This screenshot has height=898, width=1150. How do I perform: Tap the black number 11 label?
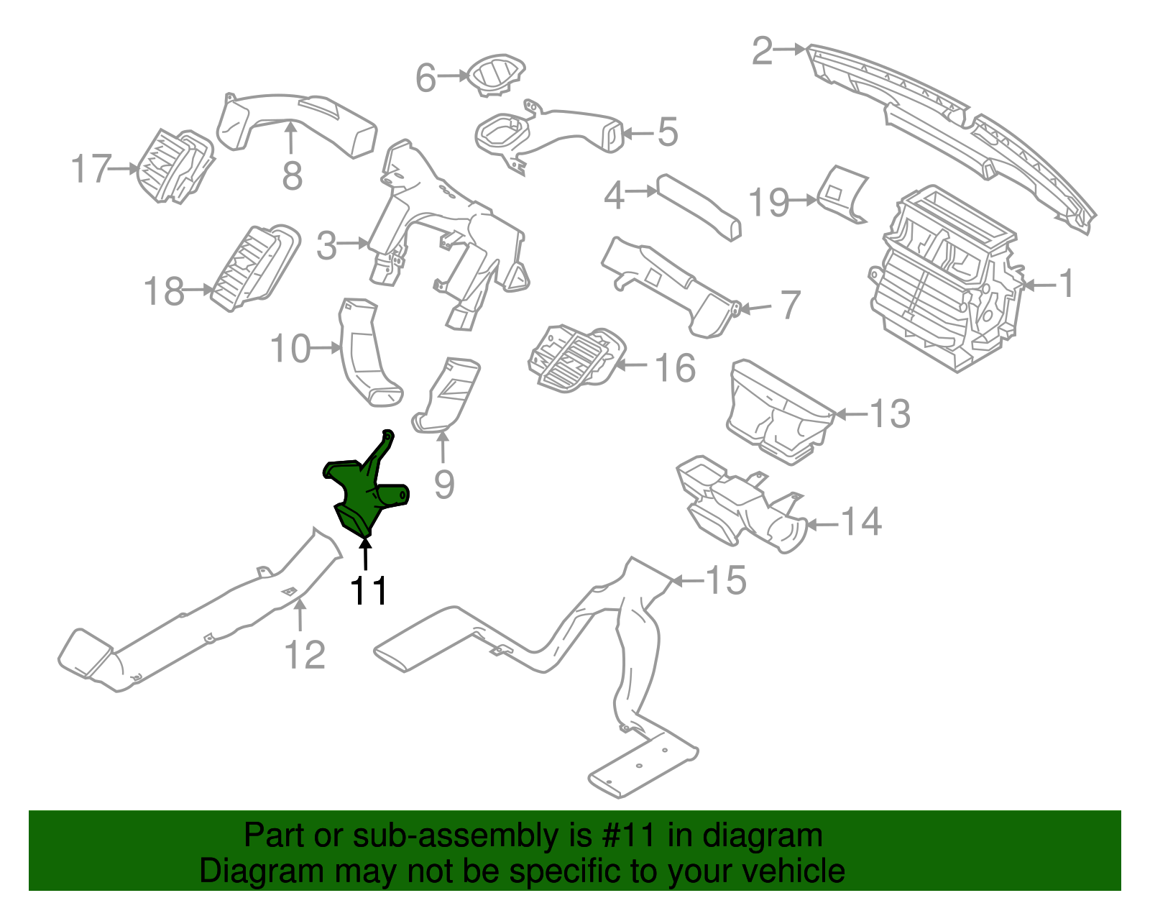click(369, 592)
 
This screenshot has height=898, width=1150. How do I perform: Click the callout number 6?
click(425, 78)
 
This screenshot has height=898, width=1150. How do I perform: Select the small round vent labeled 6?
click(495, 75)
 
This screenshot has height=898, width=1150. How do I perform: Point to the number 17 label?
click(91, 170)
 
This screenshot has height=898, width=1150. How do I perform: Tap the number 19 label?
click(769, 203)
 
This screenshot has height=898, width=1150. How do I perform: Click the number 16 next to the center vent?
click(675, 368)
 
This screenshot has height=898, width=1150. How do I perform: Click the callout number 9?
click(444, 484)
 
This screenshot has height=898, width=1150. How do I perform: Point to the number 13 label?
click(890, 414)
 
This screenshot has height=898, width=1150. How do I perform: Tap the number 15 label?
click(726, 580)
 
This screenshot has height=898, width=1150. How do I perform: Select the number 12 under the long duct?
click(305, 654)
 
